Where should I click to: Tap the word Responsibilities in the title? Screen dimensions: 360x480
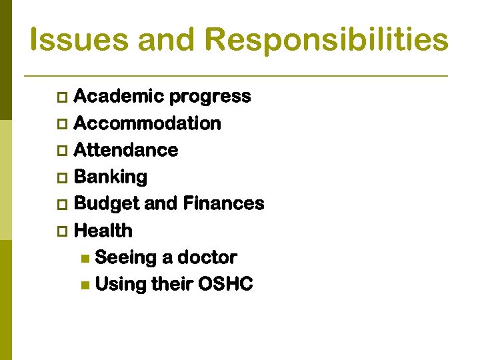[327, 39]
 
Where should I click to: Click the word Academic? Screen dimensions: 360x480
[119, 97]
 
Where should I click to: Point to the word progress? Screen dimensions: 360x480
[210, 97]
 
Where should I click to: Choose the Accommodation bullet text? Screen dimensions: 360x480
[147, 124]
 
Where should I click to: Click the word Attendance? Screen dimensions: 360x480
[126, 151]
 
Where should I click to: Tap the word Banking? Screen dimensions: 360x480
[111, 177]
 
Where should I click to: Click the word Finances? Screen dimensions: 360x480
[223, 204]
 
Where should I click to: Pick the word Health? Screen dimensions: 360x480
[103, 231]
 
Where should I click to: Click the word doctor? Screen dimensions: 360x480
[207, 257]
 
